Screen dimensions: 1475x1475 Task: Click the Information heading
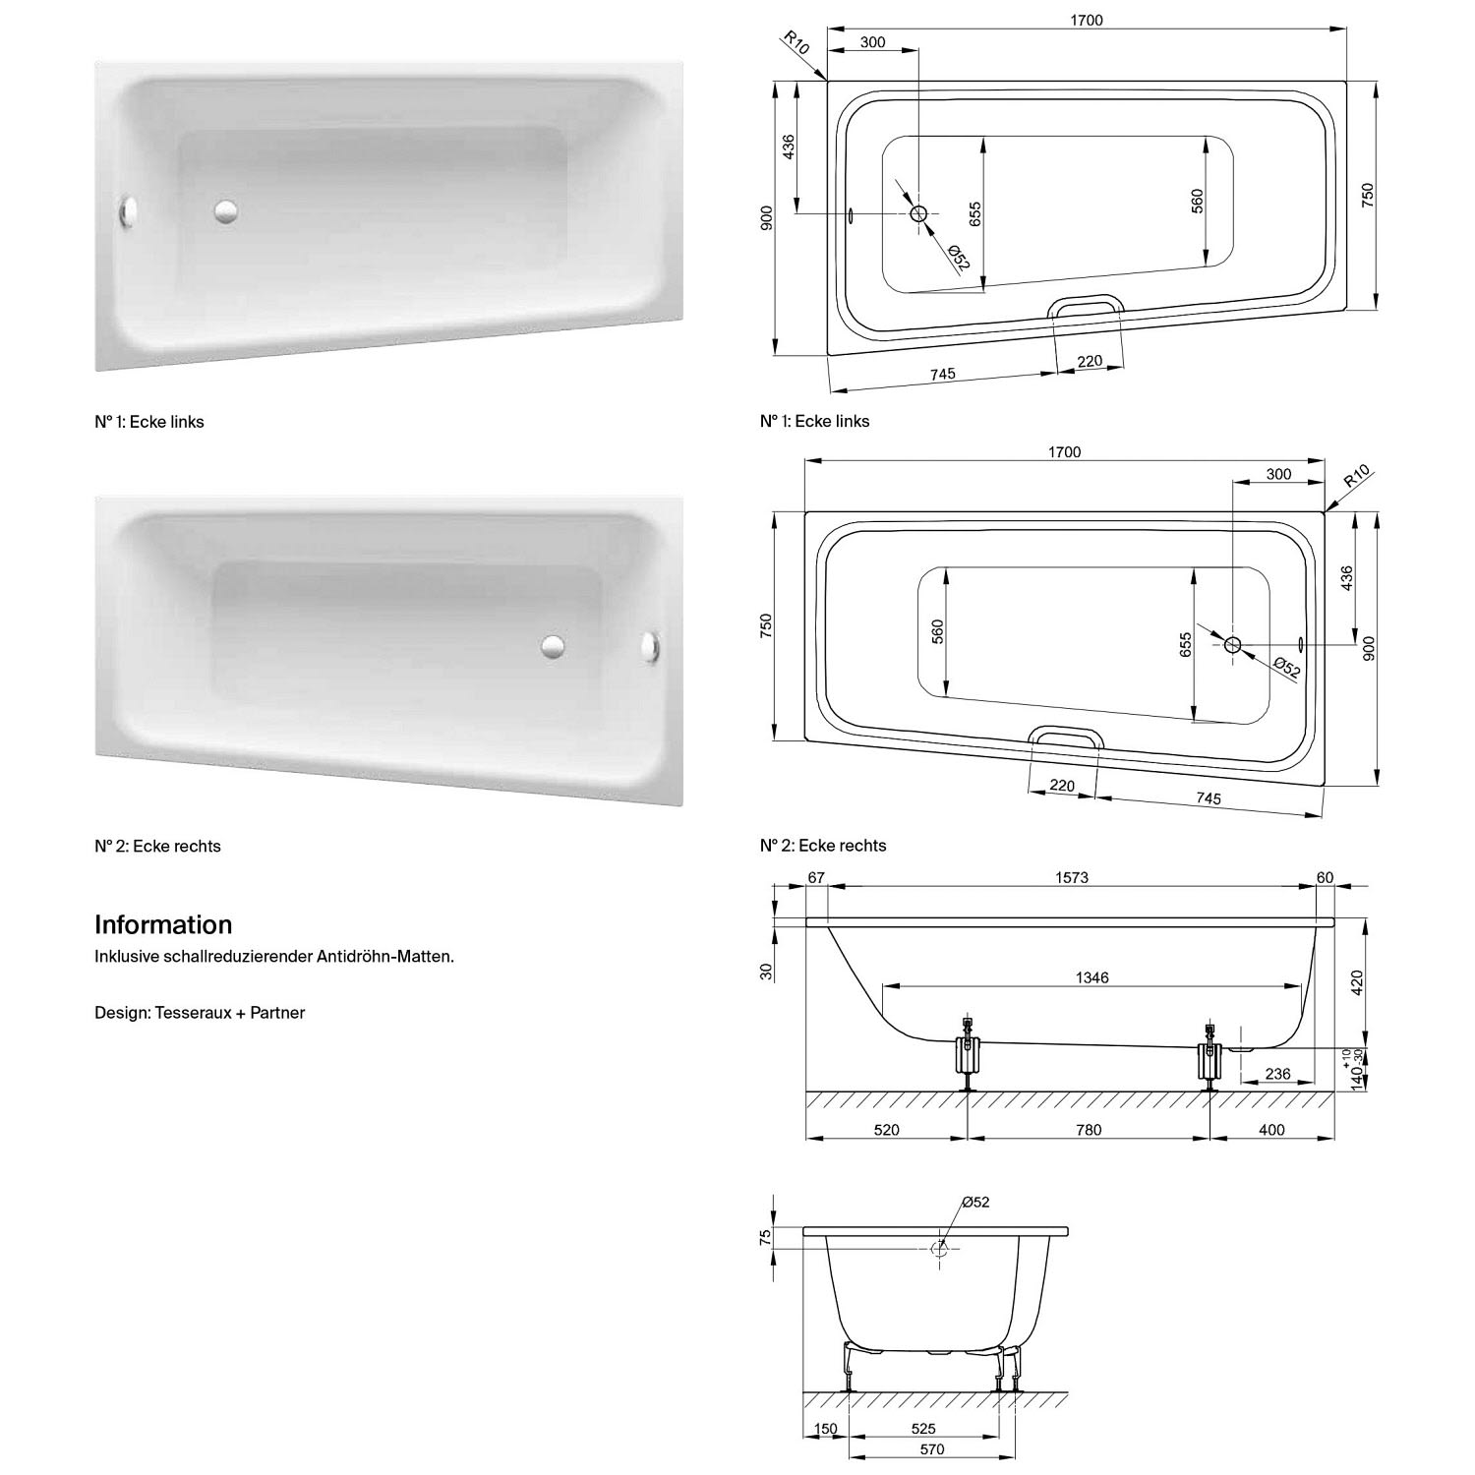point(163,924)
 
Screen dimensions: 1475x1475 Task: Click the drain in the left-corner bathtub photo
point(226,210)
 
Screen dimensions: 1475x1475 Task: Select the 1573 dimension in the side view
point(1072,877)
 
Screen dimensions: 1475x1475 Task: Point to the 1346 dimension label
point(1092,977)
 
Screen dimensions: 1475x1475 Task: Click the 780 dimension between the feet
point(1089,1130)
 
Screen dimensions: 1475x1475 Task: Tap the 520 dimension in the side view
point(887,1130)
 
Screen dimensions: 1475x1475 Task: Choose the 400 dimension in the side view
point(1271,1130)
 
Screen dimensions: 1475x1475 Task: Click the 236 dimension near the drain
point(1277,1074)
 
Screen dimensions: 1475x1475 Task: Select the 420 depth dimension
point(1357,983)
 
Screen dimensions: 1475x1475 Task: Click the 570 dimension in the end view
point(932,1448)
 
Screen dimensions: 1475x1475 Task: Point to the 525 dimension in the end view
point(923,1428)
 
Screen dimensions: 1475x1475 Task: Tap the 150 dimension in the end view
point(826,1428)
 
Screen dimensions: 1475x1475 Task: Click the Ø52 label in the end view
point(975,1202)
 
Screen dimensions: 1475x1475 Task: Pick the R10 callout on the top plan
point(796,44)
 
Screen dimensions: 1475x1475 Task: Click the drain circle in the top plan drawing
point(919,213)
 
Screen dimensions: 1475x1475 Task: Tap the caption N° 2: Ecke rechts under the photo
point(157,846)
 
